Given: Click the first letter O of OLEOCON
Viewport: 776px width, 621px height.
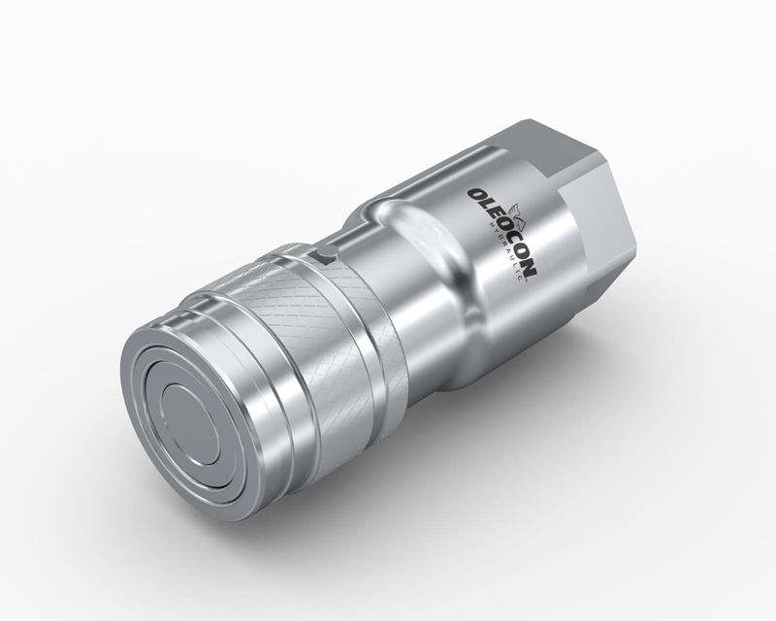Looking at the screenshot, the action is point(476,195).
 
